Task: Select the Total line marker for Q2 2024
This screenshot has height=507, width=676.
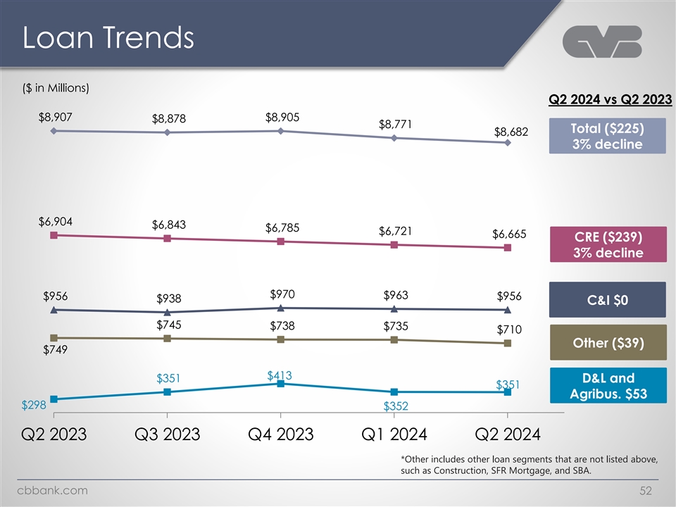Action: tap(508, 143)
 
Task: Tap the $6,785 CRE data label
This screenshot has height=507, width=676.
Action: tap(282, 227)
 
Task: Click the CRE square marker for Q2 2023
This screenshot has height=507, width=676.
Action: tap(54, 235)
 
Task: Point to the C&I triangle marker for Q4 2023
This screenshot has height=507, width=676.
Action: tap(280, 308)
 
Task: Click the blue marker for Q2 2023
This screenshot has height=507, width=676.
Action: tap(54, 399)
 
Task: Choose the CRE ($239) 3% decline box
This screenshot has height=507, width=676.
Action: tap(607, 244)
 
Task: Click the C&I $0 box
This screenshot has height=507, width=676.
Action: tap(607, 299)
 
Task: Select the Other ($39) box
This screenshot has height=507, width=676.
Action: tap(607, 342)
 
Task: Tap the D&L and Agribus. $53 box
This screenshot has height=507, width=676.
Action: tap(607, 385)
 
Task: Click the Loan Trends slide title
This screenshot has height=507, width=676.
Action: tap(108, 38)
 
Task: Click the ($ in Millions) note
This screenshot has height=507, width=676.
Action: tap(55, 88)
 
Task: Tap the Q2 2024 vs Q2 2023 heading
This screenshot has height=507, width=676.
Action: tap(610, 99)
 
